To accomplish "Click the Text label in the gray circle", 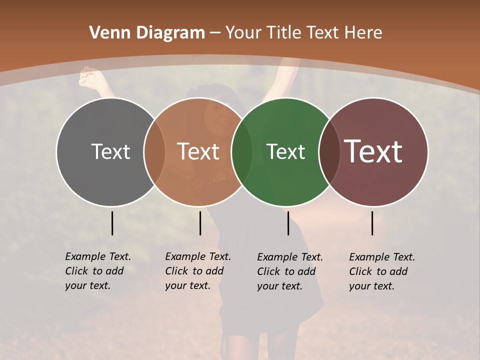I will (110, 151).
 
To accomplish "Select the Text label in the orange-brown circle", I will (198, 151).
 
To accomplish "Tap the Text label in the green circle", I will (285, 151).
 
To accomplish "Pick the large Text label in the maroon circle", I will (373, 151).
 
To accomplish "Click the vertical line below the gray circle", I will (112, 223).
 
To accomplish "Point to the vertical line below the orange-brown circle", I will (200, 223).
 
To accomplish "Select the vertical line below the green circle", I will (288, 223).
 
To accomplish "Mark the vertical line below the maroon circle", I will (372, 223).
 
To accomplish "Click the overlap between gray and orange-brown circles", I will (154, 151).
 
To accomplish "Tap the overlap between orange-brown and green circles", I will (242, 151).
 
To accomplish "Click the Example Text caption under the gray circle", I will (97, 271).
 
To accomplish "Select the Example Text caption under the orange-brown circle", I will (197, 271).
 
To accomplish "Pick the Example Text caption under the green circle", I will (289, 271).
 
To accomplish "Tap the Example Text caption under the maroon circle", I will (381, 271).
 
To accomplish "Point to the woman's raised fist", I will (89, 76).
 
